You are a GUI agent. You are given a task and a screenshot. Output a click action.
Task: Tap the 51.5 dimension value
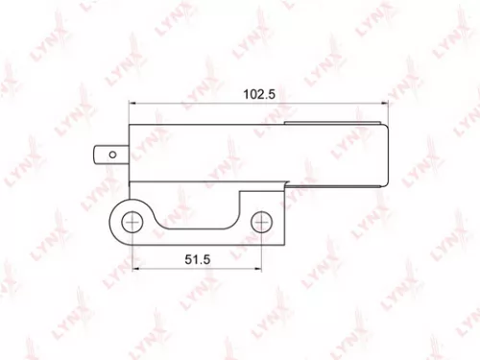196,258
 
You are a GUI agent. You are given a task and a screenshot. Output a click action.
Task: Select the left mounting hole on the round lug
131,222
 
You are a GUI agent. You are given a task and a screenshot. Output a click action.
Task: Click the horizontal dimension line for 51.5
163,270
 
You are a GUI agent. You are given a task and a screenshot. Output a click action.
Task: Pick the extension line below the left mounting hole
131,252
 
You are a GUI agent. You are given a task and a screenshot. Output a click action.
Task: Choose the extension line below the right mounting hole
260,252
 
